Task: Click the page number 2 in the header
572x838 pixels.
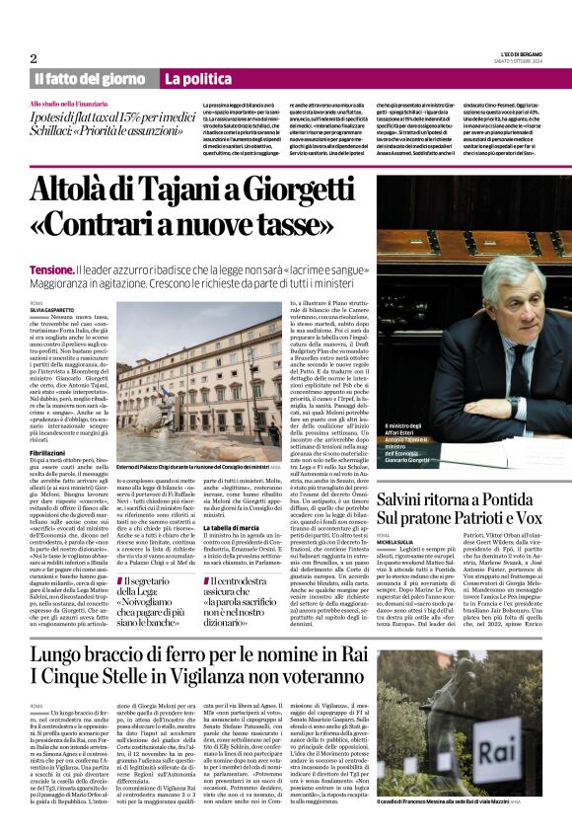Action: [x=34, y=58]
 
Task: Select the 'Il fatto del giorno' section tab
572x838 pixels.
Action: [x=91, y=78]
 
